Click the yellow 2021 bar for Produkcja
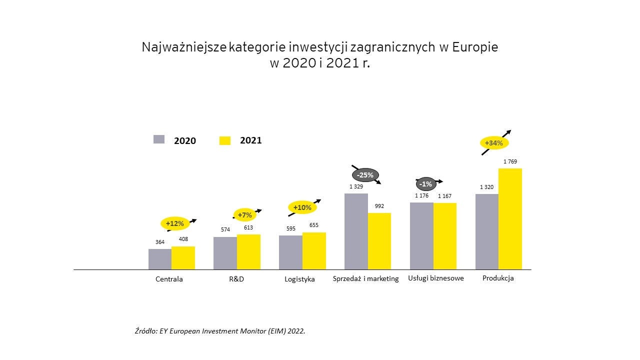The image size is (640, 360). (510, 219)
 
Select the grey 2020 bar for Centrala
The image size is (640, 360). (160, 259)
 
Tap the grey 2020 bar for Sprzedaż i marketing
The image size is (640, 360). (356, 231)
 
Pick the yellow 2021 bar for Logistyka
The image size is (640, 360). (314, 251)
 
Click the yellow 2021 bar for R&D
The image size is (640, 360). (248, 252)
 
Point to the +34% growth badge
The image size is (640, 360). (494, 143)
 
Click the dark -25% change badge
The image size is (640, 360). (365, 175)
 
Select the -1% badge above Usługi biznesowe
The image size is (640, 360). (425, 184)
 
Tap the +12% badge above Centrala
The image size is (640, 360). (174, 223)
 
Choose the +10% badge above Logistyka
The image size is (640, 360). (302, 207)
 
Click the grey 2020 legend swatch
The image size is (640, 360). (159, 139)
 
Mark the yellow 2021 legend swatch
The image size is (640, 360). (225, 140)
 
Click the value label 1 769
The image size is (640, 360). (510, 161)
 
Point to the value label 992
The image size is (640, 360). (379, 206)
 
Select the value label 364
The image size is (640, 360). (160, 242)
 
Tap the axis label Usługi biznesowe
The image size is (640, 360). (436, 278)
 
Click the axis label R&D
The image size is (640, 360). (236, 279)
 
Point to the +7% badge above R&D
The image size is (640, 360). (245, 215)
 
